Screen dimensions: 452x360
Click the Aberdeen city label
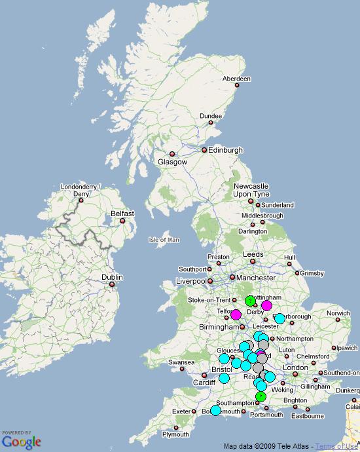point(236,79)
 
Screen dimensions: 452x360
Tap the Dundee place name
point(211,116)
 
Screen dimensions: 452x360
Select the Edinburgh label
point(225,150)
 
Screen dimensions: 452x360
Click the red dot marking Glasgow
point(173,155)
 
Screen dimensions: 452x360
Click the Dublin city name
point(112,277)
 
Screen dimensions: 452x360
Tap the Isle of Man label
point(164,240)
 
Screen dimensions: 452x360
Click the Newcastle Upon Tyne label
point(251,191)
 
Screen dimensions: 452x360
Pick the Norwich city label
point(338,313)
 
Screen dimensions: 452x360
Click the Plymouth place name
point(175,434)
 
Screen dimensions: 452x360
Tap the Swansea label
point(181,362)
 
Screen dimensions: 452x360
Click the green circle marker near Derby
point(250,301)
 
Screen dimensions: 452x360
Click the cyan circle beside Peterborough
point(279,319)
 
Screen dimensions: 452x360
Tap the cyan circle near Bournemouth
point(215,411)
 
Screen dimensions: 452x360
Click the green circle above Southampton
point(261,396)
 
